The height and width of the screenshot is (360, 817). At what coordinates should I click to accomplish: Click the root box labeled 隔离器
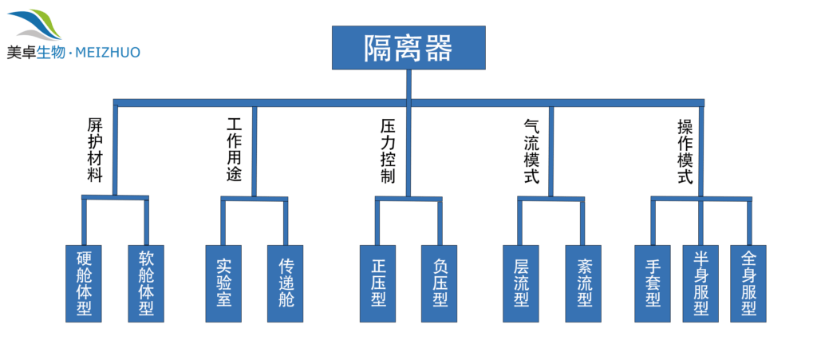point(408,48)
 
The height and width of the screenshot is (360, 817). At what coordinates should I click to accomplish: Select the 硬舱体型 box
point(83,283)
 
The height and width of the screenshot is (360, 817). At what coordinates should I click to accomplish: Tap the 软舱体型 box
point(146,283)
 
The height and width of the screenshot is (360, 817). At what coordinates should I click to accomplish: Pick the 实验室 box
point(223,283)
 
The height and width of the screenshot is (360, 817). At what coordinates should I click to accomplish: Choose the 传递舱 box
point(286,283)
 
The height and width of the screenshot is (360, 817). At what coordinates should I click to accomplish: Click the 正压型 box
point(378,283)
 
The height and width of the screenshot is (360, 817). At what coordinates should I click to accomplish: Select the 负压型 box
point(440,283)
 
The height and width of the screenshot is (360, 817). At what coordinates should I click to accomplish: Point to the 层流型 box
point(521,283)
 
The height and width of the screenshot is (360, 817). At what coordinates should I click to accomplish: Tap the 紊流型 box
point(583,283)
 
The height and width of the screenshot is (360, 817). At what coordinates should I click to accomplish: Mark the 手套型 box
point(653,283)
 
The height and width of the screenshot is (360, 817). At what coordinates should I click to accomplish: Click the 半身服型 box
point(701,283)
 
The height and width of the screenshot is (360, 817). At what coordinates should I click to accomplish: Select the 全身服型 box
point(748,283)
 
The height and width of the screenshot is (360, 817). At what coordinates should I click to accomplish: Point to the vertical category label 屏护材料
point(95,151)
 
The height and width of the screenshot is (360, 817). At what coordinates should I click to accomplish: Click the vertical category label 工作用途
point(234,151)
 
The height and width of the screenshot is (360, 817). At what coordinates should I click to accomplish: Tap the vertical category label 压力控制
point(388,151)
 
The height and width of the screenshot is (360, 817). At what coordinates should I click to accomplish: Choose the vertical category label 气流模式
point(531,151)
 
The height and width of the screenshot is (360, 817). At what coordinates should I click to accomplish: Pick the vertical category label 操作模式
point(684,151)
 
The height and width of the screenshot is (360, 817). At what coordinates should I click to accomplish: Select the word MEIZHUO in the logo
point(109,53)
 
